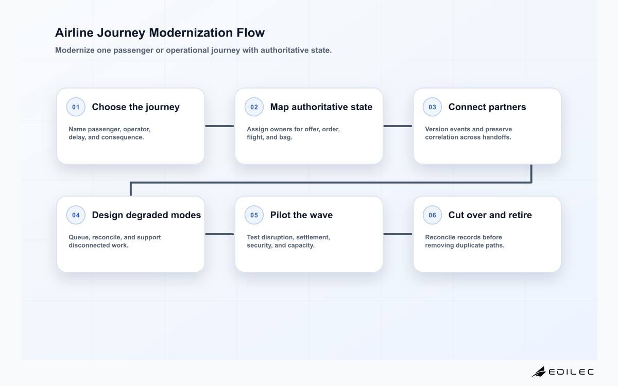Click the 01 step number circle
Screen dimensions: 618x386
tap(76, 107)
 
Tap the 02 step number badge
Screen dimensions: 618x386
tap(254, 107)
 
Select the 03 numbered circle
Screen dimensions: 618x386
tap(432, 107)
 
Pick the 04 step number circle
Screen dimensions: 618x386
tap(76, 215)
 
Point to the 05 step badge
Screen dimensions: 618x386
tap(254, 215)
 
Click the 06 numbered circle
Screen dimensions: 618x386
tap(432, 215)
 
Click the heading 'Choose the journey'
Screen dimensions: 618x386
tap(136, 107)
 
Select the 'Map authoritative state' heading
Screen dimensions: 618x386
tap(321, 107)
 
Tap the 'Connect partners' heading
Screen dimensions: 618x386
tap(487, 107)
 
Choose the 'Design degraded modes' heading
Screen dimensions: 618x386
tap(146, 215)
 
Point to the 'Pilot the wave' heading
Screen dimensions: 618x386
tap(301, 215)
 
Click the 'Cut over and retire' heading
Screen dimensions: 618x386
tap(490, 215)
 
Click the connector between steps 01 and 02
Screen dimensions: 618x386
tap(219, 126)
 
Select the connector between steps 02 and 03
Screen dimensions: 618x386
tap(398, 126)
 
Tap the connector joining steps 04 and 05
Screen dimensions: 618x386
tap(219, 234)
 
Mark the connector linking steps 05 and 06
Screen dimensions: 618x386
tap(398, 234)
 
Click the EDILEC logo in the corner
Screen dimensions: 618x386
tap(562, 372)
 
